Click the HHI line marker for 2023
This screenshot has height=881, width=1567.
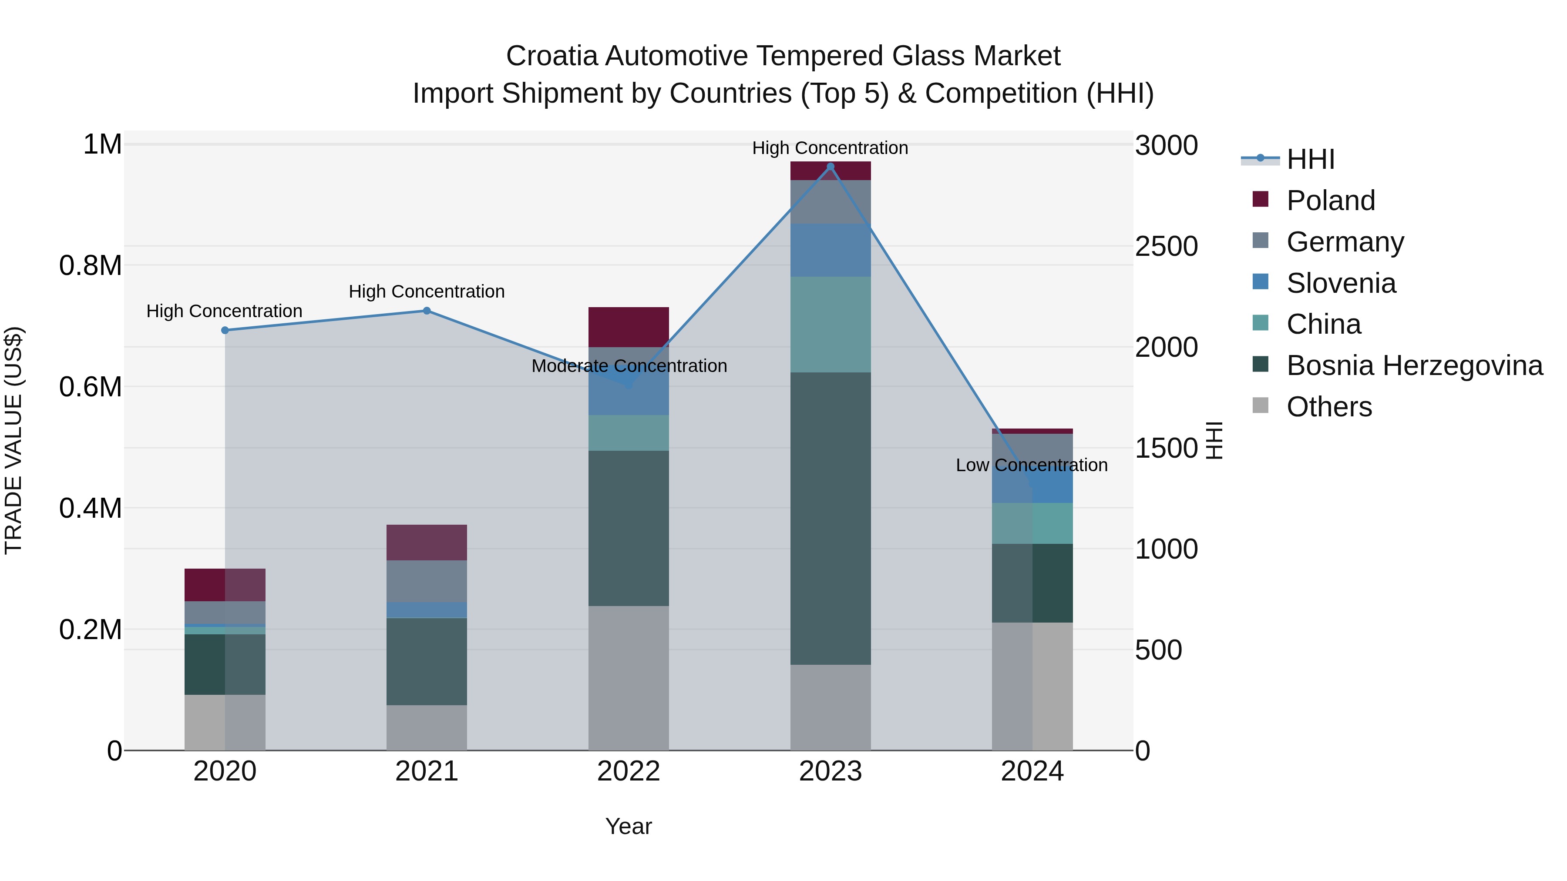(831, 167)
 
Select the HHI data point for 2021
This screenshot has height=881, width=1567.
(427, 311)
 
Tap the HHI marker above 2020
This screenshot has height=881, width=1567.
(225, 330)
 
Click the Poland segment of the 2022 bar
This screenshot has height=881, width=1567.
(629, 327)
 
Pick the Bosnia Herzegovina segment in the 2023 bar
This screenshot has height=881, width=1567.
(831, 518)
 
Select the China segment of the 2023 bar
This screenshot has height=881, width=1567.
(831, 324)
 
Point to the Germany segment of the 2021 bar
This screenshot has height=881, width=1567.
(427, 581)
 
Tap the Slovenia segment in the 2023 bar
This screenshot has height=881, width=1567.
(831, 250)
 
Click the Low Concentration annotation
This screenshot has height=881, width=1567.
(1031, 465)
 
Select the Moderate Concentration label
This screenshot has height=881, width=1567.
(629, 366)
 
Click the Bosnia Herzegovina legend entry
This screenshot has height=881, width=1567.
(1414, 365)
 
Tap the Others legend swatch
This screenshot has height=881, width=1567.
(1261, 405)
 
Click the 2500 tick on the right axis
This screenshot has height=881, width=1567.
(1166, 246)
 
